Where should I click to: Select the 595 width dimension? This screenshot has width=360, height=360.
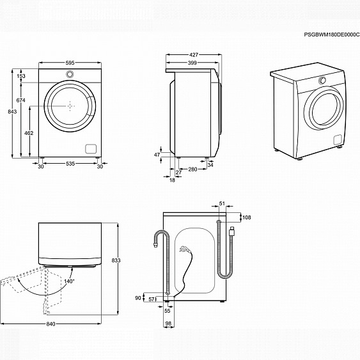point(70,63)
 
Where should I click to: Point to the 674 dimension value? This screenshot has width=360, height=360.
point(21,101)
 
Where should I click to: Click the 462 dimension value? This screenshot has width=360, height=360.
point(29,132)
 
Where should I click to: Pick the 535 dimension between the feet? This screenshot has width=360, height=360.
point(70,164)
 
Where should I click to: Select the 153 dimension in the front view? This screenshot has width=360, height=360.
point(21,76)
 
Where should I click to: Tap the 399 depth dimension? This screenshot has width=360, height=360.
point(192,63)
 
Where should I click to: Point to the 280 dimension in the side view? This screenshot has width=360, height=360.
point(192,169)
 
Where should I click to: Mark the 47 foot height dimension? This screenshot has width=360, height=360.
point(157,155)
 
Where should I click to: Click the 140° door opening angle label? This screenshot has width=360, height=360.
point(69,281)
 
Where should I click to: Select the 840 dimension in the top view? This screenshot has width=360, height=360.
point(51,324)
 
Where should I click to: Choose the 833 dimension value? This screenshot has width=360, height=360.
point(116,260)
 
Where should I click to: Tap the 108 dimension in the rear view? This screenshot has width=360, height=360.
point(247,218)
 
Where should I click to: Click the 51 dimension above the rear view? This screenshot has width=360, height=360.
point(222,204)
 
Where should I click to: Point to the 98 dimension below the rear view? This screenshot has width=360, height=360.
point(169,324)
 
